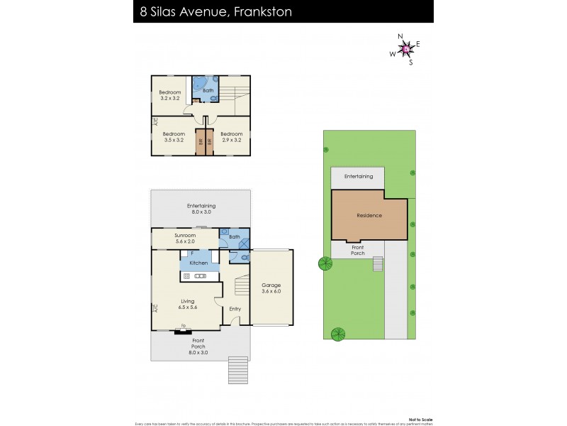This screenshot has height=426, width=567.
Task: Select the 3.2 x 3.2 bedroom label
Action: click(x=170, y=95)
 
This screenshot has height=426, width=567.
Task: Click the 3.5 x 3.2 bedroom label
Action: click(x=173, y=136)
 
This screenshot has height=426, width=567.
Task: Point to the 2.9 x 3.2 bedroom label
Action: click(x=231, y=136)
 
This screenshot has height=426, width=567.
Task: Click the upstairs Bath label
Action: click(x=208, y=91)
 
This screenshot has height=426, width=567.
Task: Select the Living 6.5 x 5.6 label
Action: click(x=187, y=305)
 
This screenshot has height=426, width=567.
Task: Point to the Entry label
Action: click(x=235, y=308)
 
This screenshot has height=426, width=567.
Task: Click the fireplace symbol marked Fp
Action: click(x=184, y=327)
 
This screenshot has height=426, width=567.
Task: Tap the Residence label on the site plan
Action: click(x=369, y=215)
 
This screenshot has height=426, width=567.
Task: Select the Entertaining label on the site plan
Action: click(x=358, y=176)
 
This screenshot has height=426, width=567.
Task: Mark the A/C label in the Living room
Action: click(x=155, y=308)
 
